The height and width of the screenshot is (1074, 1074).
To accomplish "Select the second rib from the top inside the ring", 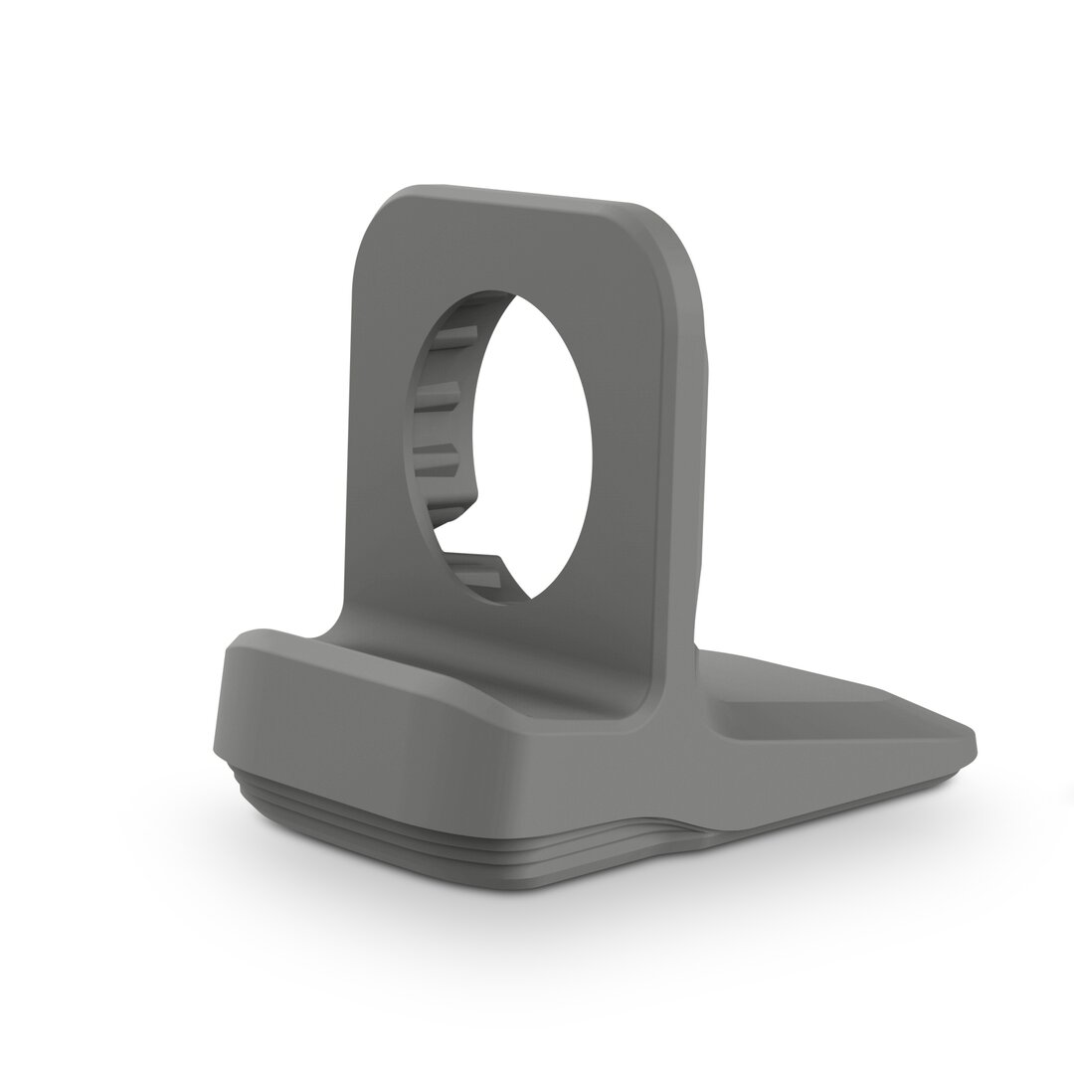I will [438, 403].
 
